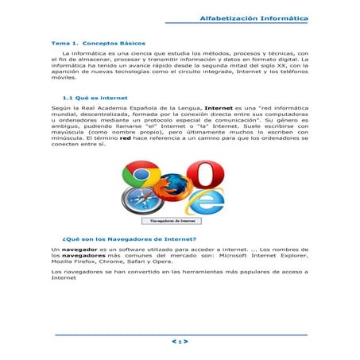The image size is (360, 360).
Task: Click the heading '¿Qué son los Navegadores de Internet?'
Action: (129, 238)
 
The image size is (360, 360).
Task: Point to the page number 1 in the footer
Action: (180, 342)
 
